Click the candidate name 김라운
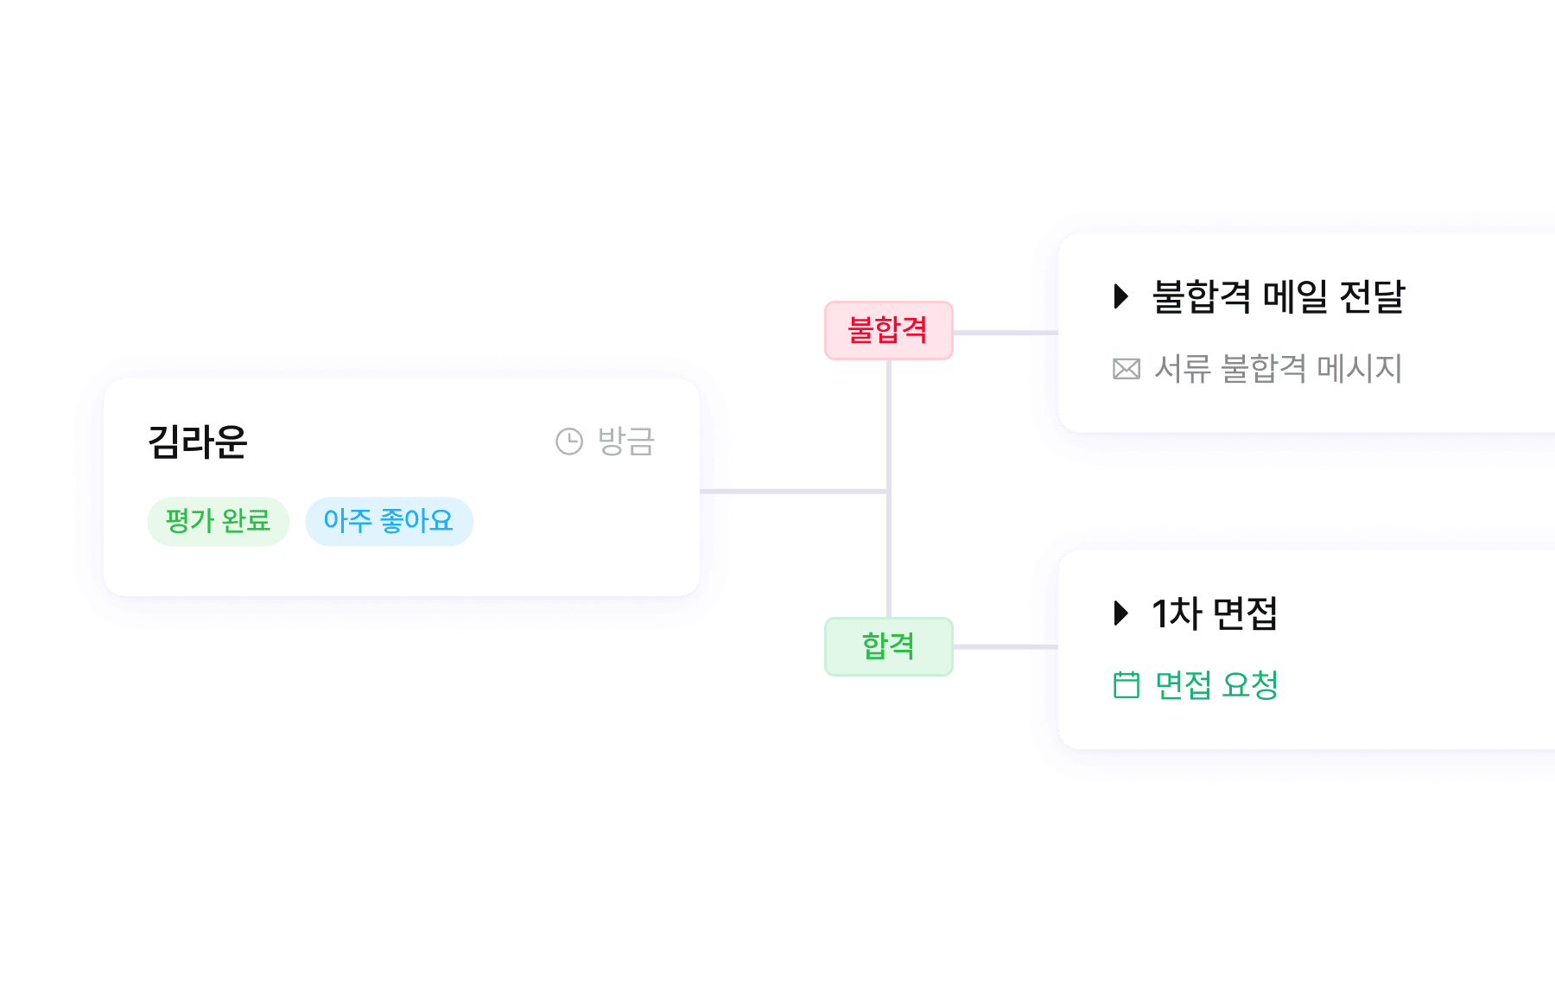[198, 442]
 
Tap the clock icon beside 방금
[569, 442]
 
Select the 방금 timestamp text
[626, 442]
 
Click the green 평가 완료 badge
[218, 521]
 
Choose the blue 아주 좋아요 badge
[389, 521]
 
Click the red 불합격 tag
[888, 330]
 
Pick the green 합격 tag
[888, 646]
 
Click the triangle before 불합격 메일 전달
[1121, 296]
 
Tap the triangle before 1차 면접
[1121, 613]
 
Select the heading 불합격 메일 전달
[1279, 296]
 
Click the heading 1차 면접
[1214, 613]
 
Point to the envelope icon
[1127, 369]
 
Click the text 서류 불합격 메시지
[1278, 369]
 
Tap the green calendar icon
[1127, 685]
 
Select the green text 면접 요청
[1216, 685]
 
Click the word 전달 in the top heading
[1372, 296]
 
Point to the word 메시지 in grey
[1359, 369]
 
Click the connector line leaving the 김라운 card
[790, 491]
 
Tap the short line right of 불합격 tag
[1005, 333]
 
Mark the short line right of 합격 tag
[1005, 646]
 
